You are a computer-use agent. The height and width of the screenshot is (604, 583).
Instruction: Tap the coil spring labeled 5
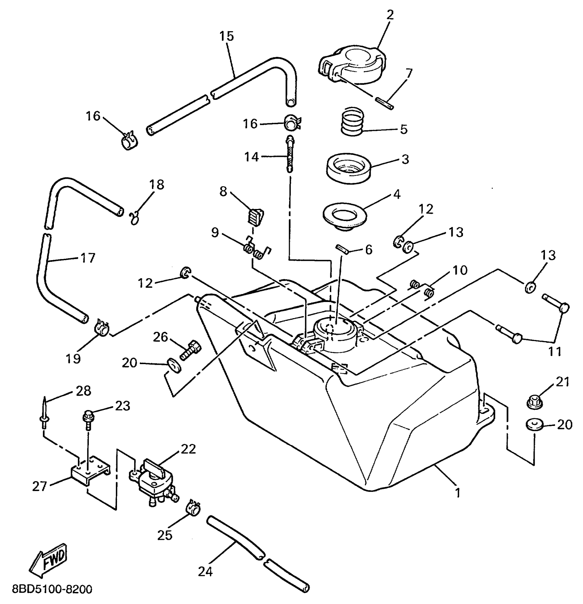[352, 122]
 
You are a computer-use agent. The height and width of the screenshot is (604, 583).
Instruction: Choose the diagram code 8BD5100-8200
[52, 590]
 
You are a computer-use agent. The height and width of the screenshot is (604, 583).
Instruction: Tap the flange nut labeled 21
[534, 401]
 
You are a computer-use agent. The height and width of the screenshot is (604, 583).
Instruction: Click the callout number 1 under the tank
[457, 493]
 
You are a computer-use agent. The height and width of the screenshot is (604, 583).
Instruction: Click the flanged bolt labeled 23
[87, 419]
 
